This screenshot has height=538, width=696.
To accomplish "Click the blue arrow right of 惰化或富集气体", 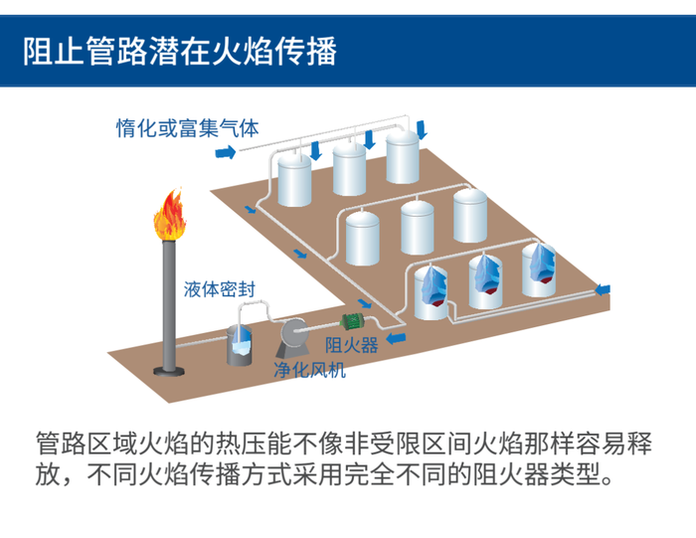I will tap(226, 152).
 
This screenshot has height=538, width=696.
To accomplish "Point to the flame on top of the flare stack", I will tap(169, 217).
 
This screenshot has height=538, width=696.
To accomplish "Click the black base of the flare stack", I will tap(168, 370).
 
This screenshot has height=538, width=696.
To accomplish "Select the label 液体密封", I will tap(220, 289).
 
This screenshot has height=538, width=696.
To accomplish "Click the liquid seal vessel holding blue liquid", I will tap(242, 344).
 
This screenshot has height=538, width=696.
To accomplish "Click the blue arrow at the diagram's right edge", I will tap(603, 288).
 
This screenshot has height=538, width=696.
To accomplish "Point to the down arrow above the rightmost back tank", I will tap(422, 128).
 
